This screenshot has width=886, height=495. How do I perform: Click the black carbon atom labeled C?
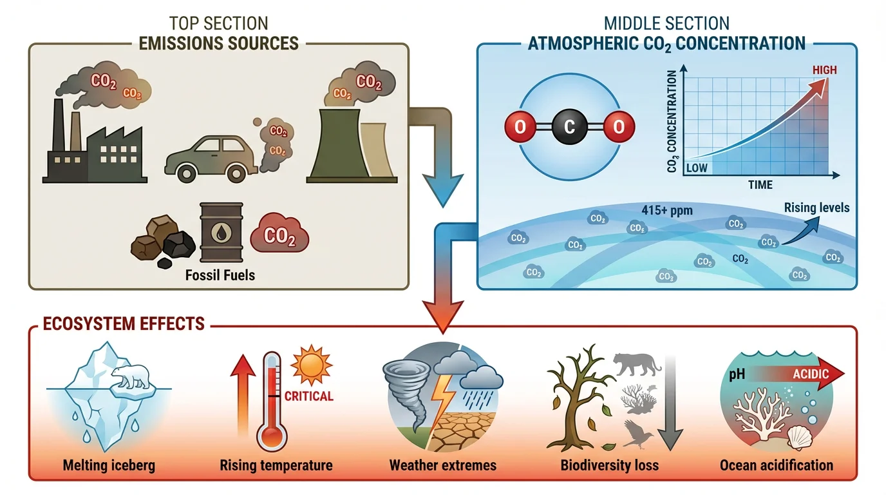click(569, 128)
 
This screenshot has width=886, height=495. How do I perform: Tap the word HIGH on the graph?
click(824, 70)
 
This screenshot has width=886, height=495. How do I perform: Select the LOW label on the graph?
click(697, 168)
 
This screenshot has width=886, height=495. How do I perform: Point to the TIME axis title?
click(760, 186)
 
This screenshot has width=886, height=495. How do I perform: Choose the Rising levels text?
click(816, 208)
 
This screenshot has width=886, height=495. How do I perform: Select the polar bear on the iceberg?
click(131, 378)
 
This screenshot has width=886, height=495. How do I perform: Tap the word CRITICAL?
click(309, 396)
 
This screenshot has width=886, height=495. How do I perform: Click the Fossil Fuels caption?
click(220, 275)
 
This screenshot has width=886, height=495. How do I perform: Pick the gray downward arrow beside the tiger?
click(671, 400)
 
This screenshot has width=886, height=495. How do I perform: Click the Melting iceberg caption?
click(109, 465)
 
